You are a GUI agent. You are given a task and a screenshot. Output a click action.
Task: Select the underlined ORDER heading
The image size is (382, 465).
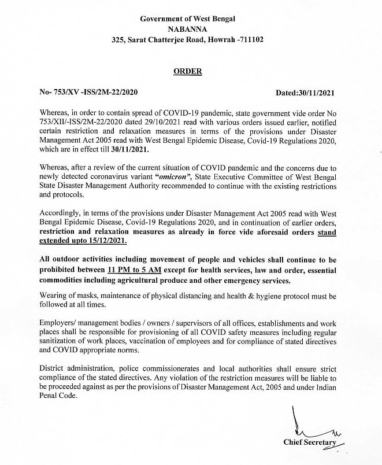click(x=188, y=71)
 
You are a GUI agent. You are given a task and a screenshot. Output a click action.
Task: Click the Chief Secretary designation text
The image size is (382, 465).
click(x=311, y=442)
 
